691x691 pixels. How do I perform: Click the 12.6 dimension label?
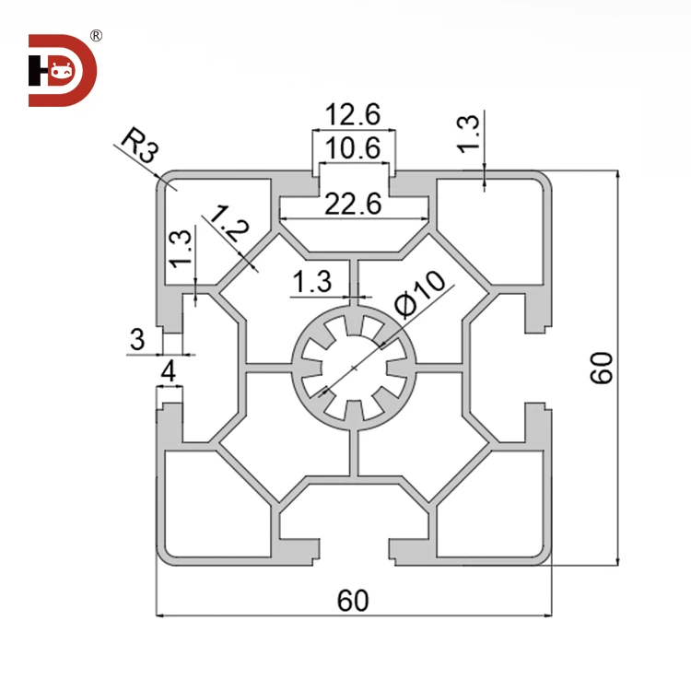354,116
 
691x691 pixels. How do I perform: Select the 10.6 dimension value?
354,147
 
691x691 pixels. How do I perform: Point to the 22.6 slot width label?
354,205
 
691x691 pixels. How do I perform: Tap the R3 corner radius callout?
138,146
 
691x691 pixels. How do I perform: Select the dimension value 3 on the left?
137,340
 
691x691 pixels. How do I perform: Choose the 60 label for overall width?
353,601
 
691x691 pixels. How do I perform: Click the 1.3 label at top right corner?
469,135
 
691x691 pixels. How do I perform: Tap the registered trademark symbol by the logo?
96,37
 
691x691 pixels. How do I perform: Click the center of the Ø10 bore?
353,368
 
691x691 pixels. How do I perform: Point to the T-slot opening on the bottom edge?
354,551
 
